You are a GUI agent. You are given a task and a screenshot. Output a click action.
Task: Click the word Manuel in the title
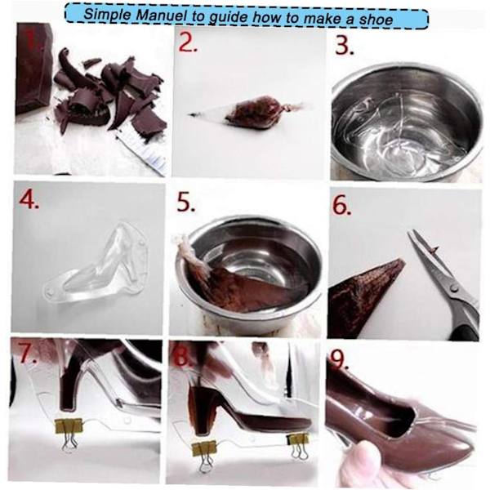162,16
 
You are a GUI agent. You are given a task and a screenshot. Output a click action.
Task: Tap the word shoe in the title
376,20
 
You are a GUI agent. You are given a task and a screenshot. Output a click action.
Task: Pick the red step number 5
186,202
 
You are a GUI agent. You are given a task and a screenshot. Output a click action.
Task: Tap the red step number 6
341,205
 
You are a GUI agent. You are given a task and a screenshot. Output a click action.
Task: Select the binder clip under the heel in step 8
205,457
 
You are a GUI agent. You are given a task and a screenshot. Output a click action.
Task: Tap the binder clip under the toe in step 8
298,445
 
